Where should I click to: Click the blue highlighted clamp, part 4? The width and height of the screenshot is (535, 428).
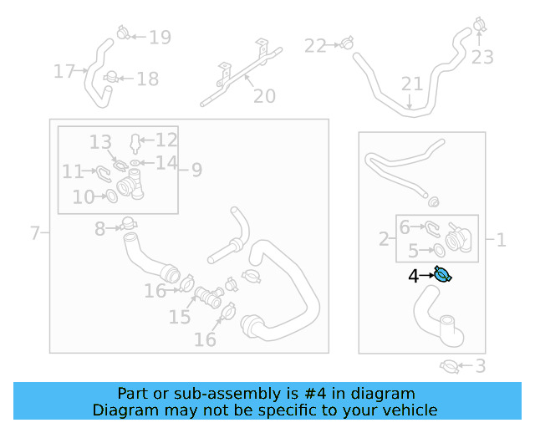(443, 274)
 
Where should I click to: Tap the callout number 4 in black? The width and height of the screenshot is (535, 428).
(413, 276)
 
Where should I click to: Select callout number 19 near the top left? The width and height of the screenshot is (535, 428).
(160, 38)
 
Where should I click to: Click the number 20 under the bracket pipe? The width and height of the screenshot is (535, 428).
(264, 96)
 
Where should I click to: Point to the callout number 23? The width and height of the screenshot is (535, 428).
(482, 58)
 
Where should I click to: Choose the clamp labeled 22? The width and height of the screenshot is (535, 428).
(347, 43)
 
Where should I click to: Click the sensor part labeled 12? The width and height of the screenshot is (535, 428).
(135, 143)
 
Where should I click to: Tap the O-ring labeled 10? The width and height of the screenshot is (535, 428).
(112, 196)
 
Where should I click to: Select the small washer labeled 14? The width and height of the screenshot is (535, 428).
(135, 163)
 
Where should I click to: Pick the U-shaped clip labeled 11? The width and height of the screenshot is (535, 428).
(104, 174)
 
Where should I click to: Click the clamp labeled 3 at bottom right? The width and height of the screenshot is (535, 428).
(449, 367)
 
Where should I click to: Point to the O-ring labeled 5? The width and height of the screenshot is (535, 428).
(439, 250)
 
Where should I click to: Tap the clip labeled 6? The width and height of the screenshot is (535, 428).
(431, 229)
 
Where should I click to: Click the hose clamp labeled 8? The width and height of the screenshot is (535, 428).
(128, 224)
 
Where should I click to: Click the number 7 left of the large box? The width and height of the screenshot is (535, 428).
(35, 233)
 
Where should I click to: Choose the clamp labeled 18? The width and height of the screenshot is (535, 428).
(111, 77)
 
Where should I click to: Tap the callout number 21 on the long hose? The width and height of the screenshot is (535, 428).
(412, 84)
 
